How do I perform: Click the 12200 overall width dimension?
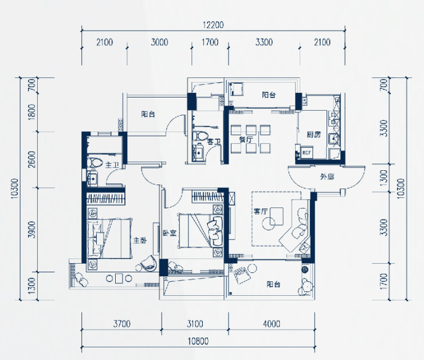[x=213, y=25]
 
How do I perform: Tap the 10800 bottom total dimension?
[x=198, y=341]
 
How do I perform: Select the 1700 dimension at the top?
[x=210, y=42]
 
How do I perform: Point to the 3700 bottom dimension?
[x=121, y=324]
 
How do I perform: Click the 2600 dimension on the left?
[x=32, y=159]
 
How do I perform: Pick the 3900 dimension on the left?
[x=32, y=230]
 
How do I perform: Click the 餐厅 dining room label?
[x=246, y=139]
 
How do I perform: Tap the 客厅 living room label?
[x=260, y=211]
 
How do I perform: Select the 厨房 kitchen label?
[x=313, y=134]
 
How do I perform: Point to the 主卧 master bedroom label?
[x=140, y=240]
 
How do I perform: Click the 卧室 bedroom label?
[x=170, y=233]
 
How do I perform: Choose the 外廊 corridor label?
[x=327, y=177]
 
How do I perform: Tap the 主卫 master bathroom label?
[x=112, y=165]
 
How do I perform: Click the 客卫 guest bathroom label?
[x=214, y=141]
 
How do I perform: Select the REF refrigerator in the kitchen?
[x=307, y=153]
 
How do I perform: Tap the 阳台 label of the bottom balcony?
[x=273, y=284]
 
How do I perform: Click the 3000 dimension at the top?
[x=159, y=42]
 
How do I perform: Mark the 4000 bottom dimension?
[x=272, y=324]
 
